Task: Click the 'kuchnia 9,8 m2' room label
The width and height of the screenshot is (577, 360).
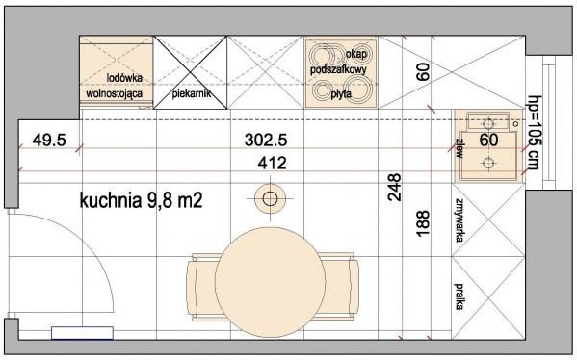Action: point(141,201)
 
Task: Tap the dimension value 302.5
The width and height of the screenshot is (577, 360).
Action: point(266,141)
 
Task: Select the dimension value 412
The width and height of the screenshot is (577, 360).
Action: point(272,163)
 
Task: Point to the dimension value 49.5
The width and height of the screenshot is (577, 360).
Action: point(49,141)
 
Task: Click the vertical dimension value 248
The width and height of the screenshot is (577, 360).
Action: point(394,188)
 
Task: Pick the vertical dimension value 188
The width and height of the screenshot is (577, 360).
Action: point(423,223)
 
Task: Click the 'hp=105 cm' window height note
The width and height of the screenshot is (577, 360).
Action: point(534,133)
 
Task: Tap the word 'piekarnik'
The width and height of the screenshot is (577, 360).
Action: point(192,93)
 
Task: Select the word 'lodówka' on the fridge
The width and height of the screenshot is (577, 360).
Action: point(124,78)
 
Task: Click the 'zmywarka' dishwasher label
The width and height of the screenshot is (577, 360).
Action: point(459,220)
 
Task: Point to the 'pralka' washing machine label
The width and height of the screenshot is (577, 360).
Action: point(459,296)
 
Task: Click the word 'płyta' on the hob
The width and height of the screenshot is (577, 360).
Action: point(341,94)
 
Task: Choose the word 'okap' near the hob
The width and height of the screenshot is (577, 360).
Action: point(356,55)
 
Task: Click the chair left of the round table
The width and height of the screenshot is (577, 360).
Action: point(201,287)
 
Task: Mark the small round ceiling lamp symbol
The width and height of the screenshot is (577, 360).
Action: point(270,199)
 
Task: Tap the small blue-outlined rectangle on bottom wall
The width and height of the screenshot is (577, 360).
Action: point(82,333)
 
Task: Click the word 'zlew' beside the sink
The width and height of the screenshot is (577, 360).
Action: point(459,148)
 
